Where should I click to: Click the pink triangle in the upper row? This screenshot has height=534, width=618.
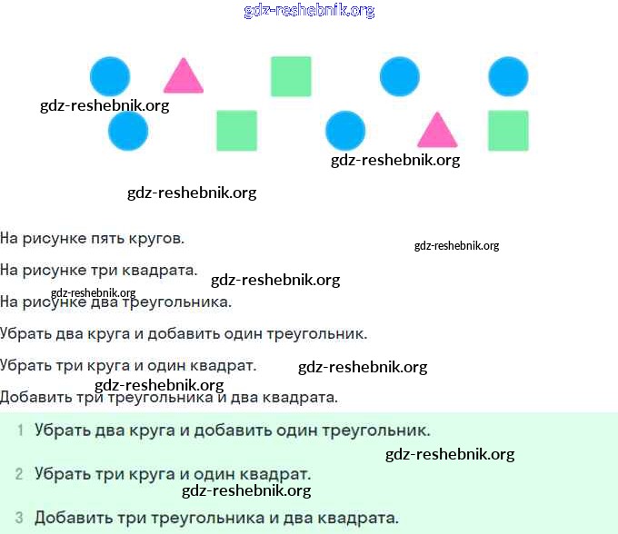(x=183, y=78)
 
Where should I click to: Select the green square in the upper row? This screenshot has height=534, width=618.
(x=291, y=76)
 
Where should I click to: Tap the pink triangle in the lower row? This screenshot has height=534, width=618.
(x=437, y=132)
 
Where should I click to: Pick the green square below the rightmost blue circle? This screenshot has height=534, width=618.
(x=508, y=131)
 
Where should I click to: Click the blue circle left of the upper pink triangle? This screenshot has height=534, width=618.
(x=110, y=76)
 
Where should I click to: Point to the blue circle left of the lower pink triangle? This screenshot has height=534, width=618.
(x=345, y=131)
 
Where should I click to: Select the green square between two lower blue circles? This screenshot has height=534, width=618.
(x=236, y=131)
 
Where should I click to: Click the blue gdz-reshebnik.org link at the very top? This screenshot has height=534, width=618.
(x=309, y=10)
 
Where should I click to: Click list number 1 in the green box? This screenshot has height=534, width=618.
(x=19, y=430)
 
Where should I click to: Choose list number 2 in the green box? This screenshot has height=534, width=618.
(x=19, y=474)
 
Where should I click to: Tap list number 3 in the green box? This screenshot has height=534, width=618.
(x=19, y=519)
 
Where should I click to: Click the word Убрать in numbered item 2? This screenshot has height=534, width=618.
(x=62, y=474)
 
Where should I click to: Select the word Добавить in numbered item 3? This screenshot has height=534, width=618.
(x=71, y=519)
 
